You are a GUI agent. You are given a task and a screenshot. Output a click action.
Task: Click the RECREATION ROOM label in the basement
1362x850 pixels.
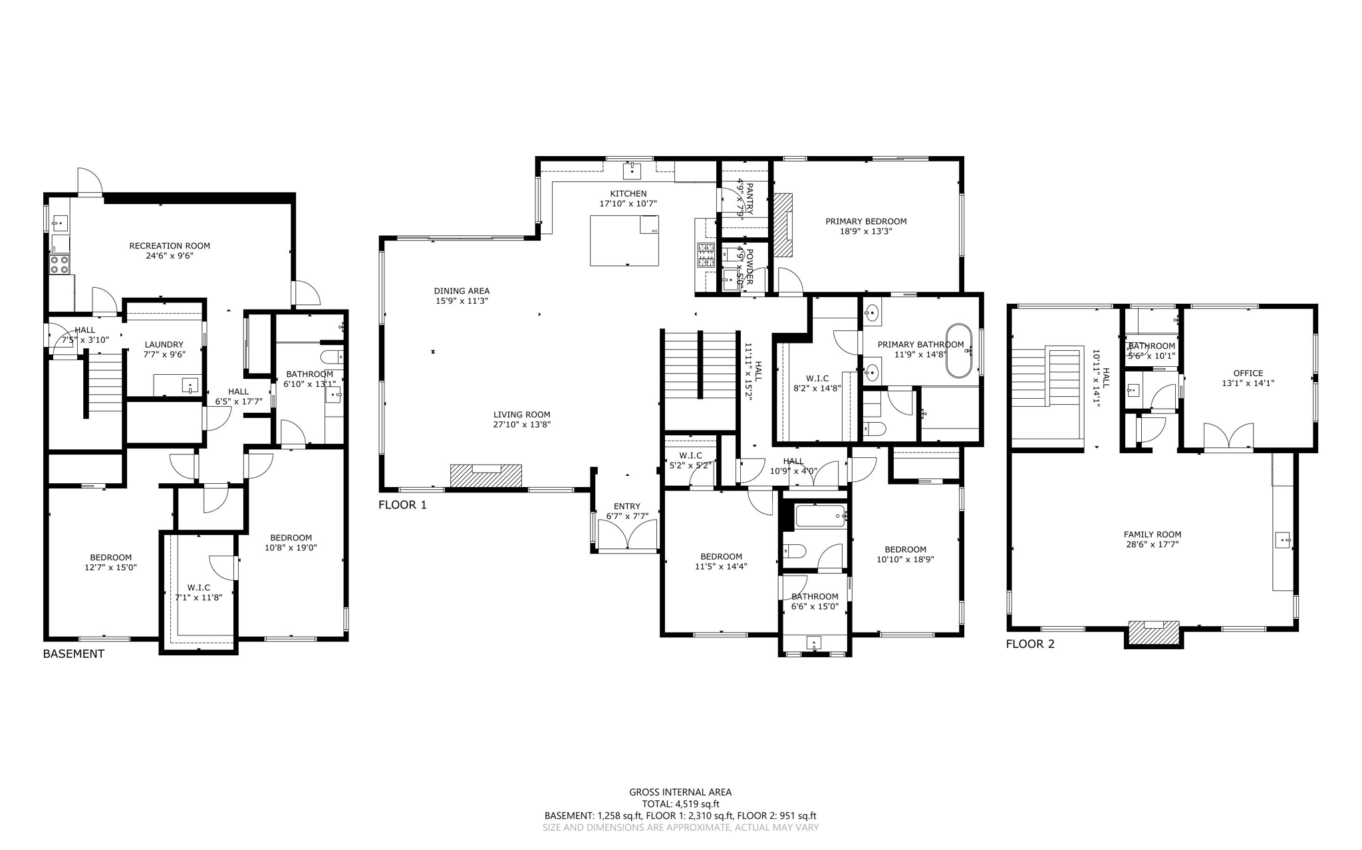pos(170,246)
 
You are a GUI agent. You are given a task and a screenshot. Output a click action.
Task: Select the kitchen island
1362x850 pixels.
pos(624,240)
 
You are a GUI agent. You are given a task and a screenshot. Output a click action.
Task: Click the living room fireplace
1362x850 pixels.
pos(485,476)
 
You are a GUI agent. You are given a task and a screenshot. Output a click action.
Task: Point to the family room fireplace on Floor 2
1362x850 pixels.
pos(1153,633)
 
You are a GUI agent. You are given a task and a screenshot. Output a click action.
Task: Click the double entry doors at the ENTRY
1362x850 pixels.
pos(627,536)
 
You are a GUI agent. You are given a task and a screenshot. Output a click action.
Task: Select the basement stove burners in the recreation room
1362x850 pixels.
pos(59,265)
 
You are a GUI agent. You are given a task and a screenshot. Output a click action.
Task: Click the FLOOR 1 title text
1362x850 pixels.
pos(402,505)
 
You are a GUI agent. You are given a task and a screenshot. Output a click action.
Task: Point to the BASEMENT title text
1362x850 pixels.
pos(73,654)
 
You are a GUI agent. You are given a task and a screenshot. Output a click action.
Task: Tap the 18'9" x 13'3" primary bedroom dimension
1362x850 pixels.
pos(866,231)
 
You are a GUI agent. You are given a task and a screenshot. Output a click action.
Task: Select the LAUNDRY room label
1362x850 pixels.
pos(164,344)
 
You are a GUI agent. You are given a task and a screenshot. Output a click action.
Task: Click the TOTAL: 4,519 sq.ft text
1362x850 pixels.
pos(680,803)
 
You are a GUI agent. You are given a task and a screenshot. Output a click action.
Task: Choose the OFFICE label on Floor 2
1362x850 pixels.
pos(1248,373)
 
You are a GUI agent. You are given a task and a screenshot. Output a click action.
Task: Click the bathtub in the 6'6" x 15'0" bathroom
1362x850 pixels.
pos(820,515)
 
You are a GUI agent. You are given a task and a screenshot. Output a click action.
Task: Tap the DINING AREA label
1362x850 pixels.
pos(462,290)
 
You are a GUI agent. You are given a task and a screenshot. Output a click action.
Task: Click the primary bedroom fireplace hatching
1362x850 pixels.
pos(782,225)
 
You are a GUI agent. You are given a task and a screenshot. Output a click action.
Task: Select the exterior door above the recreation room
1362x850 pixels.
pos(88,181)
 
